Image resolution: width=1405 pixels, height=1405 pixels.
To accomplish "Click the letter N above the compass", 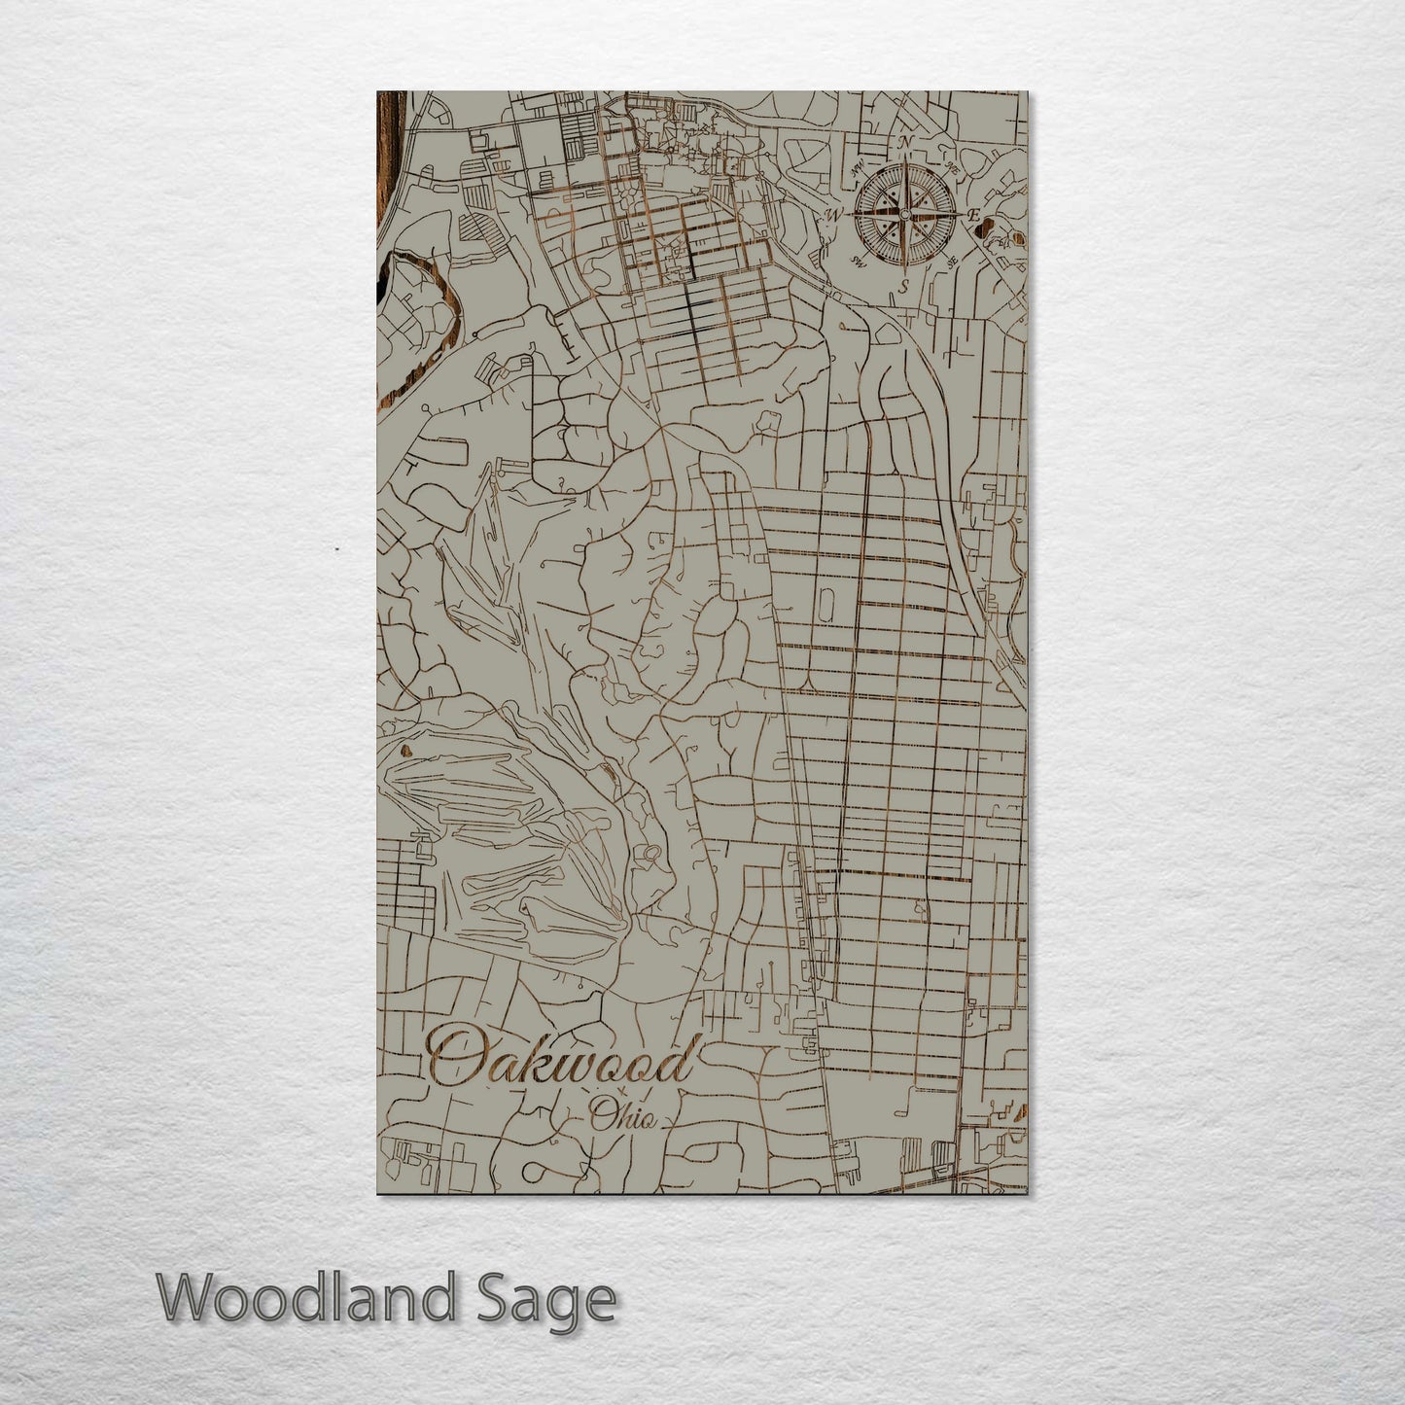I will pos(906,144).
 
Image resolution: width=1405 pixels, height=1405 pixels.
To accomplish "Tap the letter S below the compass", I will pos(903,285).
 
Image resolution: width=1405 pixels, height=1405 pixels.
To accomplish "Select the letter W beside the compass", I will pos(834,214).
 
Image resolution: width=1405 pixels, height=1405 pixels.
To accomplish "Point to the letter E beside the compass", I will pos(971,214).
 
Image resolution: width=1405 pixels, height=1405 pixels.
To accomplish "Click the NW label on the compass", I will pos(858,168).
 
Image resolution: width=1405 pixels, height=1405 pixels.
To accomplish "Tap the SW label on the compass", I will pos(857,261).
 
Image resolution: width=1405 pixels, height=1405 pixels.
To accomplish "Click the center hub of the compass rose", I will pos(904,214).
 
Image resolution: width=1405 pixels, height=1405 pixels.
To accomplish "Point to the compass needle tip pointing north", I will pos(904,161).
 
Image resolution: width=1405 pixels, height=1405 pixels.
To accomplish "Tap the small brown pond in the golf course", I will pos(405,751).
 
